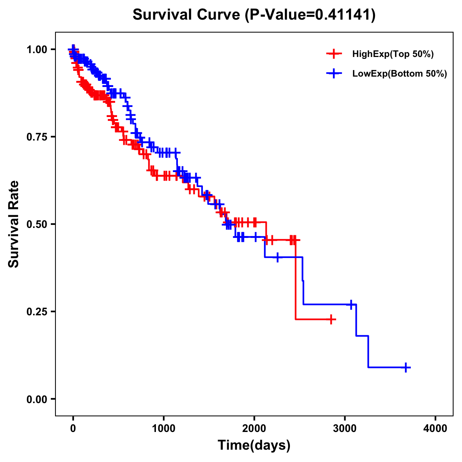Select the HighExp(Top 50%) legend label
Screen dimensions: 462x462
pyautogui.click(x=393, y=54)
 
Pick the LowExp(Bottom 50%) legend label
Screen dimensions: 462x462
pyautogui.click(x=400, y=74)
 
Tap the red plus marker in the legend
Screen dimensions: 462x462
pyautogui.click(x=334, y=54)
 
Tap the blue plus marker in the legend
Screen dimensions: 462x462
pyautogui.click(x=334, y=74)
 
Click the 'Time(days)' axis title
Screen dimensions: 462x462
pyautogui.click(x=254, y=445)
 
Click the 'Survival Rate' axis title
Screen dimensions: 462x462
pyautogui.click(x=14, y=224)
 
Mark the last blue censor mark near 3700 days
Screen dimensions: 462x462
pyautogui.click(x=406, y=367)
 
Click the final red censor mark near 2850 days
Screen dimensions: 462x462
pyautogui.click(x=331, y=319)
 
